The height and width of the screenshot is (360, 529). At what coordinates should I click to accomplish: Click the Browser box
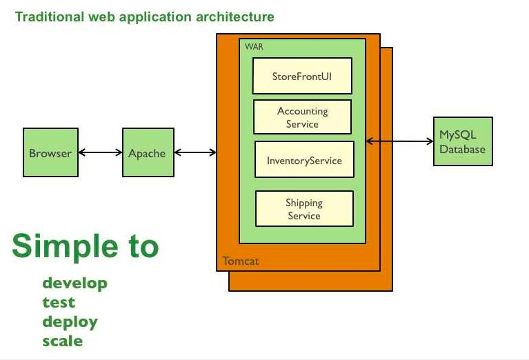[50, 152]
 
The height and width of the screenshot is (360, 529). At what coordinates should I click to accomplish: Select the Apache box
[148, 152]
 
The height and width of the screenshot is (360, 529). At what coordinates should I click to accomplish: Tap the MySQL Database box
[463, 141]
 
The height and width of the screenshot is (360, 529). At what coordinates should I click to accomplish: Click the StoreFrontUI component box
[302, 76]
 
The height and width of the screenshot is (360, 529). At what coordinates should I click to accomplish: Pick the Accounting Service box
[302, 117]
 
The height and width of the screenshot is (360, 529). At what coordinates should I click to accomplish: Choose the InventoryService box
[304, 159]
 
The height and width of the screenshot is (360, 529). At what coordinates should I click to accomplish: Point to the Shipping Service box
[304, 208]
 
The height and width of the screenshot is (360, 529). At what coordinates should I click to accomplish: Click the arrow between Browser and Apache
[101, 152]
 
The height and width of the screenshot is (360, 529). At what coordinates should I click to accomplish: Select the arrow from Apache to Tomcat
[195, 152]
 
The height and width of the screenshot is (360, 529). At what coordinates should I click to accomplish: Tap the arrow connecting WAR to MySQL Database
[400, 141]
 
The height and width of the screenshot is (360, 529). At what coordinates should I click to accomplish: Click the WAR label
[254, 47]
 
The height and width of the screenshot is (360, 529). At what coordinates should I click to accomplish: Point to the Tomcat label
[241, 261]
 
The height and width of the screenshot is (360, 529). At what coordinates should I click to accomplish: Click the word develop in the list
[75, 283]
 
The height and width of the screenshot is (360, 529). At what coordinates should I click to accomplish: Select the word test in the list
[59, 302]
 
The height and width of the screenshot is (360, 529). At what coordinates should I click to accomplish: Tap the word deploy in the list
[70, 322]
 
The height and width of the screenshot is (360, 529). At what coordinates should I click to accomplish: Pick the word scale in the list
[63, 341]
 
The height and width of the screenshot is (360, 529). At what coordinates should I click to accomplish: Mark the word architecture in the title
[235, 17]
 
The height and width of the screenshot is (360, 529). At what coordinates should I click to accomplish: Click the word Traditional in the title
[50, 17]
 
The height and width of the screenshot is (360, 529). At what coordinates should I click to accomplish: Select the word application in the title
[156, 17]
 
